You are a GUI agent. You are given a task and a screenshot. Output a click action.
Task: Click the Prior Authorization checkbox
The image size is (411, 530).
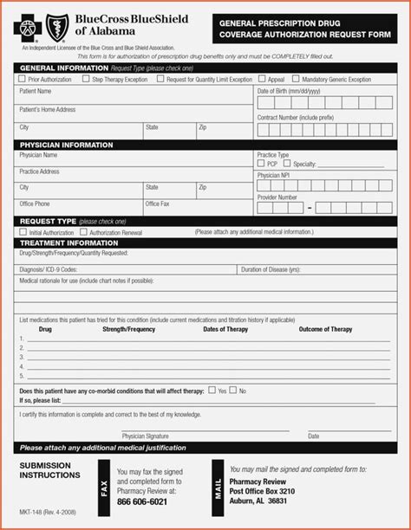[22, 79]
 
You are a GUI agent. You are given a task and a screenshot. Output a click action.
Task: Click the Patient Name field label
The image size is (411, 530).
[36, 90]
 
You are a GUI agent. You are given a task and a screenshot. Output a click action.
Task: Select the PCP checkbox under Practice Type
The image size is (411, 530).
[261, 164]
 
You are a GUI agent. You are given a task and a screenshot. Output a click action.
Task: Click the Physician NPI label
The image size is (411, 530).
[274, 174]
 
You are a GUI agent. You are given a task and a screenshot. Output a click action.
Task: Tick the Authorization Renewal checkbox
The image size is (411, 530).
[83, 232]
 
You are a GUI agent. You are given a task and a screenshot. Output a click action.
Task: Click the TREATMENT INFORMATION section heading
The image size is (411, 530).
[68, 243]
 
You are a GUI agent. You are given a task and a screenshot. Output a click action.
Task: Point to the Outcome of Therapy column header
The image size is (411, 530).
[325, 329]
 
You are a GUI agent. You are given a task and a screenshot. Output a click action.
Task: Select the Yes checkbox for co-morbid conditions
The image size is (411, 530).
[212, 391]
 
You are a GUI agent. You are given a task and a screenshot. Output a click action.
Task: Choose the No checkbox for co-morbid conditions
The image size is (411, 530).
[233, 391]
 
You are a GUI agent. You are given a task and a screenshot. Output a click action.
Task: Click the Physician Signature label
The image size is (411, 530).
[145, 436]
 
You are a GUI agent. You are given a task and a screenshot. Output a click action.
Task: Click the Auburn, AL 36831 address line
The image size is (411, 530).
[258, 501]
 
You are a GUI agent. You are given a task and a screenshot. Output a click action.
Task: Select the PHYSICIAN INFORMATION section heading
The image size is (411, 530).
[67, 145]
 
